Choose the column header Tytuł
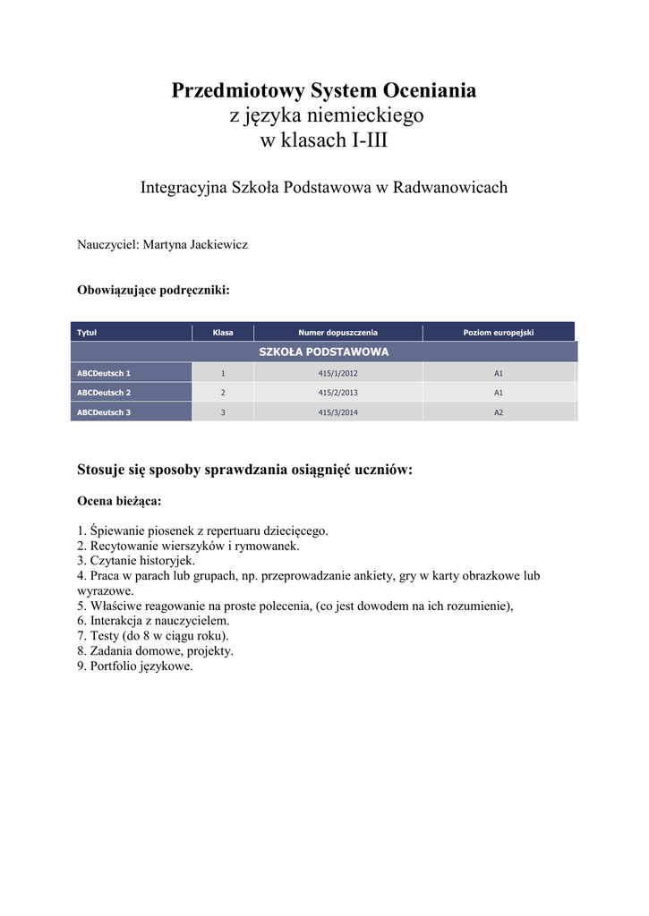point(87,333)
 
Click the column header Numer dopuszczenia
point(337,333)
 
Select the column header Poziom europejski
point(498,333)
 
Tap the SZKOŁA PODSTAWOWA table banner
point(323,352)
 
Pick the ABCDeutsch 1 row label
point(104,373)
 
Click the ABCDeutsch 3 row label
point(104,412)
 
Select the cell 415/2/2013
point(337,393)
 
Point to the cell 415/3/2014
point(337,412)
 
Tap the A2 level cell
point(499,412)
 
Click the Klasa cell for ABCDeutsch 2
point(223,393)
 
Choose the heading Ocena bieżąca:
point(119,502)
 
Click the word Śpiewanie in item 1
point(116,530)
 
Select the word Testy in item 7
point(106,636)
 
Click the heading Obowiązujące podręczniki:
point(154,291)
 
